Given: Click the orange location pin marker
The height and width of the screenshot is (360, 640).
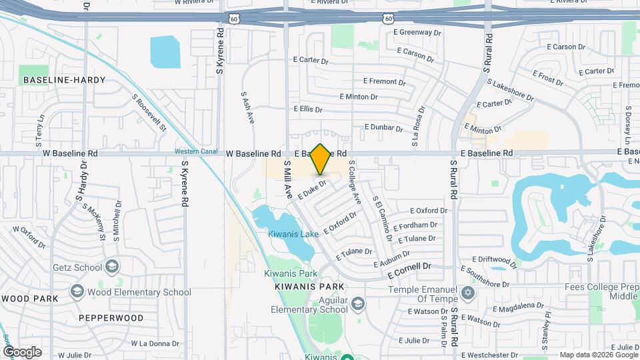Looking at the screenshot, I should click(321, 159).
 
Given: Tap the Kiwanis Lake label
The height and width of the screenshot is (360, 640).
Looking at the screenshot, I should click(293, 234).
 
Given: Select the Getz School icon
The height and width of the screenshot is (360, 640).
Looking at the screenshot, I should click(111, 267).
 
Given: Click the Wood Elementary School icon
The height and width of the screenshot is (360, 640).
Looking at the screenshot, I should click(77, 292).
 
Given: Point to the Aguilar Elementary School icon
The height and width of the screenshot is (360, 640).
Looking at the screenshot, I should click(358, 304).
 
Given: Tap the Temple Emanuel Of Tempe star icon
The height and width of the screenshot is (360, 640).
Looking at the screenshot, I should click(467, 293).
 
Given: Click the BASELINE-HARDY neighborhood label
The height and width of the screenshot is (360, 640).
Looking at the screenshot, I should click(64, 80).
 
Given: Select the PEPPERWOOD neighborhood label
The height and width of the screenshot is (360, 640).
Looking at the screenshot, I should click(111, 318).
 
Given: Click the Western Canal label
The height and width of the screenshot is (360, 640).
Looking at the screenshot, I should click(197, 151).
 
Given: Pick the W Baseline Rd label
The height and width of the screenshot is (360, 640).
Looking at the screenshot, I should click(251, 153).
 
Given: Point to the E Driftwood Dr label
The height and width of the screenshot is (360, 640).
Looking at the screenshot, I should click(495, 259).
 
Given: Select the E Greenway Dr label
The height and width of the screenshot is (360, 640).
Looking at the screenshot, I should click(419, 31).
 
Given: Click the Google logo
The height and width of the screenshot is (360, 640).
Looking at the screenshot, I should click(22, 351).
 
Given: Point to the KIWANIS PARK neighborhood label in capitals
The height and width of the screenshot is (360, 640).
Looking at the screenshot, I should click(309, 287).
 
